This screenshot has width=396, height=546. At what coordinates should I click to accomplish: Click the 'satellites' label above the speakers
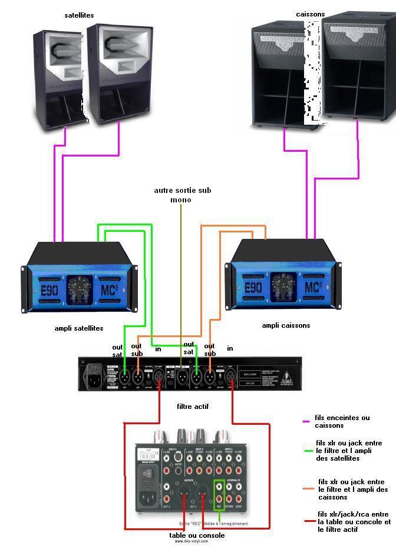tap(79, 15)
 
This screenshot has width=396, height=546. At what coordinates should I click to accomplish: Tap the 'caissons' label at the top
tap(310, 13)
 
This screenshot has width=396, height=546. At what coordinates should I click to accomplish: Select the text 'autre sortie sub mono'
tap(182, 195)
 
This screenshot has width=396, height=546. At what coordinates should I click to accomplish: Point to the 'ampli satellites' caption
tap(78, 328)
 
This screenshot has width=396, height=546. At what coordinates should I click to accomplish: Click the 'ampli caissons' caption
tap(286, 325)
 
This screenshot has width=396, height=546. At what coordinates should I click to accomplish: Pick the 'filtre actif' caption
tap(193, 406)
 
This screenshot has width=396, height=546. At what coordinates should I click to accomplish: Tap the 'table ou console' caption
tap(197, 535)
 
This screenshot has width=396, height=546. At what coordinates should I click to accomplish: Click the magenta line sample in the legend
tap(306, 421)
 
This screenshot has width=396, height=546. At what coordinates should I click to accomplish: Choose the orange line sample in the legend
tap(308, 488)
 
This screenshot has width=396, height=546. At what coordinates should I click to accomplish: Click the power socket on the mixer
tap(148, 502)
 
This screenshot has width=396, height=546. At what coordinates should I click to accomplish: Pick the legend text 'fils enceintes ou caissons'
tap(342, 421)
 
